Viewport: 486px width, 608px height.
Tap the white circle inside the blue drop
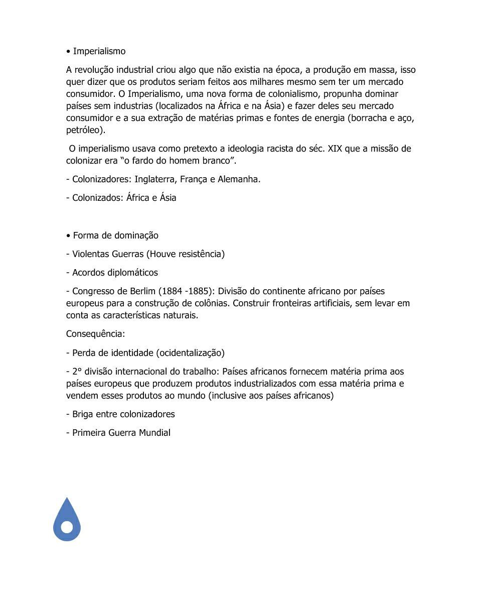[67, 527]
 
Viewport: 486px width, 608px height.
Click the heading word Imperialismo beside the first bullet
[99, 51]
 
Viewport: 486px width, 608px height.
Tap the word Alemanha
[239, 179]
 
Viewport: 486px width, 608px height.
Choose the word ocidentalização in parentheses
[190, 353]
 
